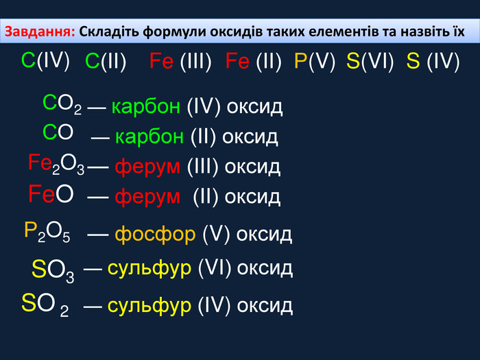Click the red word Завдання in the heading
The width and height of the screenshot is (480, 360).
pos(40,32)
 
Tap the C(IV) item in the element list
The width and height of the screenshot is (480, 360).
pos(45,60)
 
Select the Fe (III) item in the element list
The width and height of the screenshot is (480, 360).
pos(180,61)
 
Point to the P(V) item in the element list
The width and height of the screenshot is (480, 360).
pos(315,61)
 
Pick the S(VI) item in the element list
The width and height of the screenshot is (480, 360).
pos(370,61)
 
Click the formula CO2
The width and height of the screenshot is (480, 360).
pos(62,104)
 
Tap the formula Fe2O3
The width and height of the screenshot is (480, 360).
pos(56,164)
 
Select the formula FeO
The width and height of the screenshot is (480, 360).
pos(51,194)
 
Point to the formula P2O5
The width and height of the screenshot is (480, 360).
pos(47,232)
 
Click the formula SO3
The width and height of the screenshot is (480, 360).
pos(53,271)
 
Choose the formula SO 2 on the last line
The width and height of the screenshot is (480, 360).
pos(45,305)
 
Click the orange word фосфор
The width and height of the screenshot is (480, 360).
pos(155,235)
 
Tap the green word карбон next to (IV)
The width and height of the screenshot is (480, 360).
pos(145,107)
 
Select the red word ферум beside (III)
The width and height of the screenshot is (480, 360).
pos(147,167)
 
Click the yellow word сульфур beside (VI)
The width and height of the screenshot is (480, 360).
pos(149,269)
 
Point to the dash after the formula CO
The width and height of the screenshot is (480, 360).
pos(100,138)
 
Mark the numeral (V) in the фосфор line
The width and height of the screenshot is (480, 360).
pos(216,235)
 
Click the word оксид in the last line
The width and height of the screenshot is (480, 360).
pos(265,306)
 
